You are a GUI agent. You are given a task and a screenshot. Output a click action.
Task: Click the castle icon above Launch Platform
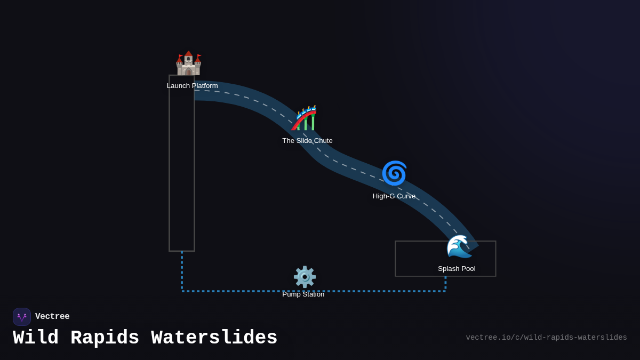tap(188, 64)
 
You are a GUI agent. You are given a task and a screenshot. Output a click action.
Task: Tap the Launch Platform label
tap(192, 86)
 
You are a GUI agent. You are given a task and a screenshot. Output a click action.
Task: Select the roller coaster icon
tap(305, 118)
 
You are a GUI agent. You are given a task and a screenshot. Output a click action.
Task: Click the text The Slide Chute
tap(307, 141)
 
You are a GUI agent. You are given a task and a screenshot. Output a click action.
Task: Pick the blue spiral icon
tap(394, 173)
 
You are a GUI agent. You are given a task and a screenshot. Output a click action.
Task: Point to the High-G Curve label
tap(394, 196)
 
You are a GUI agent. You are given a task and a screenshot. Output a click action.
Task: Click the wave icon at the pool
tap(458, 246)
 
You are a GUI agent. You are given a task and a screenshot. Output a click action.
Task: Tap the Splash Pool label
tap(457, 269)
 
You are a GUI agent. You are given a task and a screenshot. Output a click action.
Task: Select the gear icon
tap(305, 277)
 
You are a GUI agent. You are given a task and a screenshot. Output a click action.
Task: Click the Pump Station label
tap(303, 294)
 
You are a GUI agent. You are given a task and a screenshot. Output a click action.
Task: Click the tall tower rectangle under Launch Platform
tap(182, 171)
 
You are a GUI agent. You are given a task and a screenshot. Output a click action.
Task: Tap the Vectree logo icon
tap(22, 317)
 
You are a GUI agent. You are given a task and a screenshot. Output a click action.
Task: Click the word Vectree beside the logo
tap(52, 317)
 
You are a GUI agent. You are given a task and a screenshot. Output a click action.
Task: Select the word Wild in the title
tap(36, 338)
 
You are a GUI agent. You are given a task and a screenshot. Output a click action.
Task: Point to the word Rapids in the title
tap(105, 338)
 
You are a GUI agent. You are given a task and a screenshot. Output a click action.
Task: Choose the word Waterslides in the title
tap(214, 338)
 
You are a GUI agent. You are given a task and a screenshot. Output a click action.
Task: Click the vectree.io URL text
tap(546, 338)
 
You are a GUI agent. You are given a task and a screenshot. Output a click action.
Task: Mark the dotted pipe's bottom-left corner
tap(182, 291)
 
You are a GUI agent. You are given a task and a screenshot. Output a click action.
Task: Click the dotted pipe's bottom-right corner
tap(445, 291)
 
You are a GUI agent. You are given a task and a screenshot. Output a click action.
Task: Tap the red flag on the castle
tap(199, 55)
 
